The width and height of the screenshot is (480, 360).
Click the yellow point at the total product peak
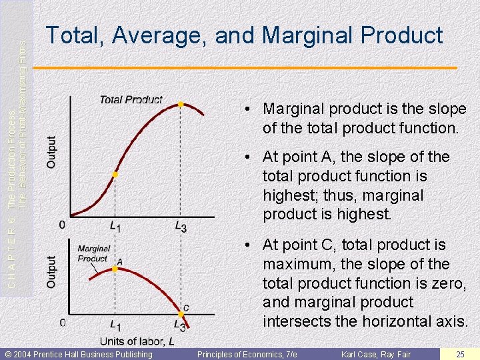180,104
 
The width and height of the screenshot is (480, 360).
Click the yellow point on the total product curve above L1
115,174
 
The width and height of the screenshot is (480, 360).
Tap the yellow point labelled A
115,269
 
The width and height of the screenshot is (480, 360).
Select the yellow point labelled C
181,314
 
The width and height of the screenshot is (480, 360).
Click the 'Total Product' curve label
131,100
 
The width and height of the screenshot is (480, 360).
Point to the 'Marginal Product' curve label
93,253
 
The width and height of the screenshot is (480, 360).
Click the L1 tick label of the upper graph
115,227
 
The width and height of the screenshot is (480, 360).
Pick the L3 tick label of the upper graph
181,227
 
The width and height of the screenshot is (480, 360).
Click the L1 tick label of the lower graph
115,327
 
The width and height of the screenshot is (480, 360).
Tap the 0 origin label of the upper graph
62,225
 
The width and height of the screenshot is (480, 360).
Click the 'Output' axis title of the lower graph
52,272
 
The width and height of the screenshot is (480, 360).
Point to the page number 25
460,354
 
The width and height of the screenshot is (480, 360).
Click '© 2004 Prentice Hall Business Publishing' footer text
79,354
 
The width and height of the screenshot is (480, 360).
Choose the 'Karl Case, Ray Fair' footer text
376,354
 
